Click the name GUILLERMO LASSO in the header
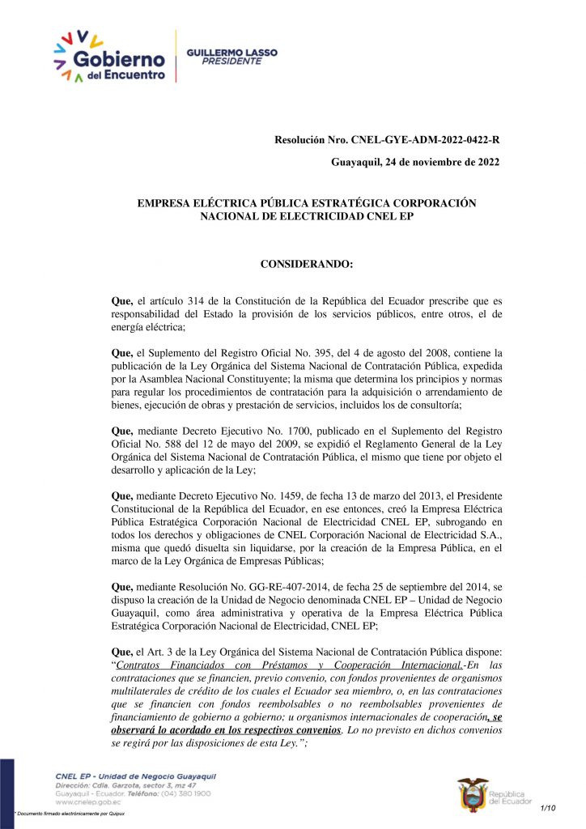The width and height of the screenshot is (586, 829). click(x=231, y=52)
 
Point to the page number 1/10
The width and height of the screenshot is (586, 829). click(x=548, y=808)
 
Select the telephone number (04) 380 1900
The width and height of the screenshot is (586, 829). click(x=188, y=794)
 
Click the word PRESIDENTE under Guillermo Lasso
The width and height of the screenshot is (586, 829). click(x=231, y=61)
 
